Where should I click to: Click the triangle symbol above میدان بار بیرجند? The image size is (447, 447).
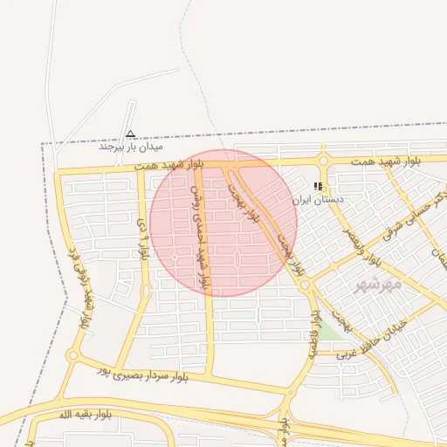point(131,134)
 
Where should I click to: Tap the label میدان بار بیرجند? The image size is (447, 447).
point(131,147)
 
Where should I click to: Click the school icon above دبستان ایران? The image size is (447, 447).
point(319,186)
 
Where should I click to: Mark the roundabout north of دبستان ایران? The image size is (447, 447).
point(323,161)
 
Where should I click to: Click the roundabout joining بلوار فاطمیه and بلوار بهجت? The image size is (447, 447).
point(305,285)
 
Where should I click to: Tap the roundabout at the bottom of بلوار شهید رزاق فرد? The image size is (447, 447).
point(73,356)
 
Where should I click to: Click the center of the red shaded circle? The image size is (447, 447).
point(223,222)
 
